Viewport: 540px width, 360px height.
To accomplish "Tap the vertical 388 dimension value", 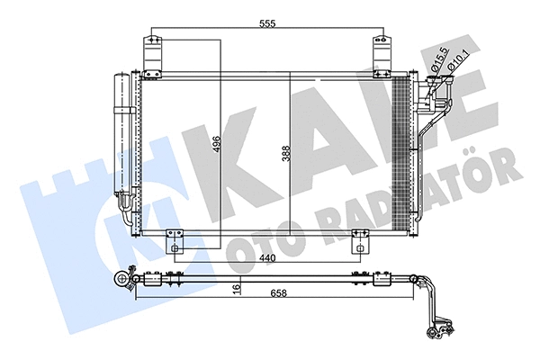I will click(x=286, y=155).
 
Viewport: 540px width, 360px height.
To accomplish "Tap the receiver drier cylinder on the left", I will click(x=121, y=135).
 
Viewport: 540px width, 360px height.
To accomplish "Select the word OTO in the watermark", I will click(x=260, y=232).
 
